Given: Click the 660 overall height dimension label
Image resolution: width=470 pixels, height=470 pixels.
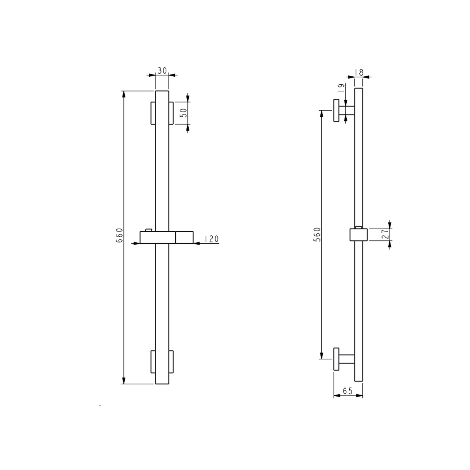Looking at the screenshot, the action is [x=119, y=235].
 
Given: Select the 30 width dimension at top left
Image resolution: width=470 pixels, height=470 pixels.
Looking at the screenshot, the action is [x=162, y=71].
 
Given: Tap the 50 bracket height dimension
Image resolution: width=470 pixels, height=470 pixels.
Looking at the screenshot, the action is [x=184, y=113].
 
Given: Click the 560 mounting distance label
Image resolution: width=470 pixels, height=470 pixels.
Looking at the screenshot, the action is [x=317, y=234].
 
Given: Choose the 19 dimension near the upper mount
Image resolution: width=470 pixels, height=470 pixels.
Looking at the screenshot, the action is [x=341, y=87].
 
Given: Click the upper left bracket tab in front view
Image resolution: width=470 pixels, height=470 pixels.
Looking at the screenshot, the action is [x=153, y=113].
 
